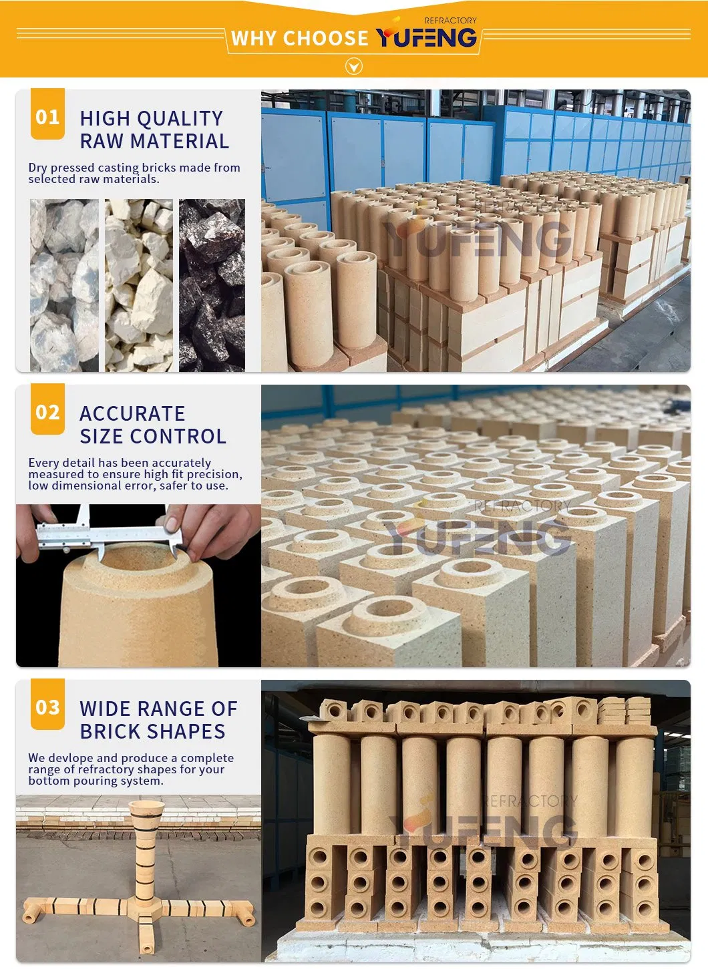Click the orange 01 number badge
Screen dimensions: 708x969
(47, 114)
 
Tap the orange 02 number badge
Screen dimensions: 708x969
(47, 409)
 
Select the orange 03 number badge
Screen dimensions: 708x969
(47, 705)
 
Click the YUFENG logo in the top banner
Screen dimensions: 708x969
(427, 34)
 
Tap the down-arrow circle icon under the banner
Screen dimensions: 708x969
(354, 67)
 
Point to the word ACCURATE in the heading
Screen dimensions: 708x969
(132, 413)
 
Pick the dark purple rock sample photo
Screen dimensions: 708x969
(212, 285)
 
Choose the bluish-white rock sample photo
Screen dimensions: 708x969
(64, 285)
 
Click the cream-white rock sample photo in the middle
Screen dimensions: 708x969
(139, 285)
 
